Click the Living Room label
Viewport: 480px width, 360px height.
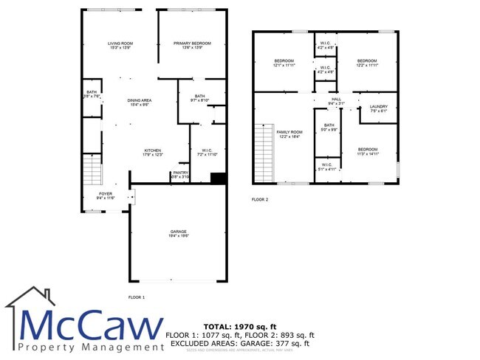pos(120,44)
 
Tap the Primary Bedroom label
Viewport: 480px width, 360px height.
pos(192,44)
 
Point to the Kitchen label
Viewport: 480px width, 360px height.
pos(152,151)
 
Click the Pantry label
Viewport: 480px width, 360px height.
pos(180,173)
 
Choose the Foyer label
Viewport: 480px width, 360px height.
pos(106,193)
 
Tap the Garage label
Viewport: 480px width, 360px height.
pos(177,232)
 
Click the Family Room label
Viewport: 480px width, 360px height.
pos(289,132)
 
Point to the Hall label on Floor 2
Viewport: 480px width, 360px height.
pos(336,99)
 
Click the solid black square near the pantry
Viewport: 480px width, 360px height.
pos(219,178)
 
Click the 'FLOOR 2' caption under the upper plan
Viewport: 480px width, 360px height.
pos(260,199)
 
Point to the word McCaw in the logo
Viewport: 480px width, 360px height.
pos(92,325)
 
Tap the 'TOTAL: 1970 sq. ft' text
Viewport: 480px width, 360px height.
pos(239,325)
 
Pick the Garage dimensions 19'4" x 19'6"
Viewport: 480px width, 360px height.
pos(177,237)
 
